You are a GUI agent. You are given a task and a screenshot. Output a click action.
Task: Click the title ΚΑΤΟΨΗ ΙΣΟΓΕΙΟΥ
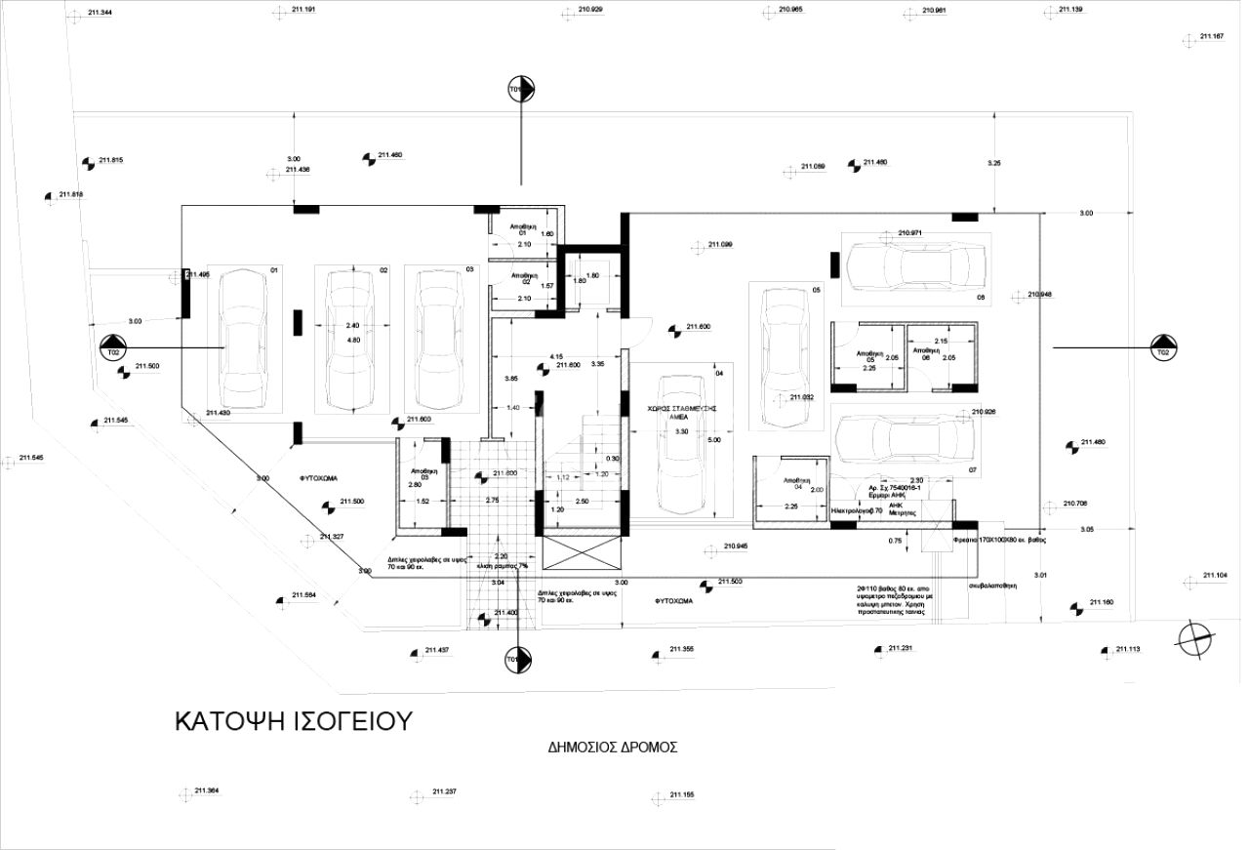[x=293, y=721]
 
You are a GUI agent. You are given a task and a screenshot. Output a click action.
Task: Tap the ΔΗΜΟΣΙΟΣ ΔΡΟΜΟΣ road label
[x=612, y=748]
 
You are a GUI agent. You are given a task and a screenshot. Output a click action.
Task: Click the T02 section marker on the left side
[x=113, y=346]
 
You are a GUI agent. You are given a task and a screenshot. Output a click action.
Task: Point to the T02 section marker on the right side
[x=1162, y=346]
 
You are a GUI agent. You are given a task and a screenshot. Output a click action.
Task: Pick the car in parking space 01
[x=243, y=340]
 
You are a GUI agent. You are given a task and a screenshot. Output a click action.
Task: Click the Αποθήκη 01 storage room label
[x=524, y=229]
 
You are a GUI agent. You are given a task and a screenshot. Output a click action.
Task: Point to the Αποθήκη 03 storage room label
[x=423, y=473]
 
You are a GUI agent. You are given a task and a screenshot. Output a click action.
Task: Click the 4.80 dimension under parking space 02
[x=354, y=340]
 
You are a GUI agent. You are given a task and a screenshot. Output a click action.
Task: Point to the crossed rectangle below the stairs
[x=583, y=554]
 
